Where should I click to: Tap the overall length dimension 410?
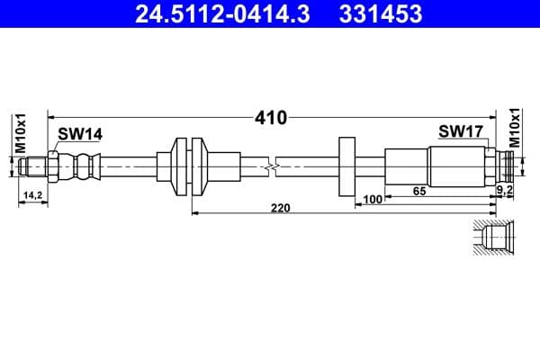coord(271,117)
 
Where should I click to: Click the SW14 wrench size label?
coord(80,133)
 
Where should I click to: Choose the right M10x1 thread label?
coord(516,128)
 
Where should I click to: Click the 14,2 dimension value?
coord(32,194)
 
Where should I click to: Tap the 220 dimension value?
coord(281,208)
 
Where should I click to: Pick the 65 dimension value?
coord(419,191)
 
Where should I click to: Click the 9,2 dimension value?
coord(506,191)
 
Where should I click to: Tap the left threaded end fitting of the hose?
coord(34,166)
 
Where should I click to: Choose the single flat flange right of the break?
coord(346,166)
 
